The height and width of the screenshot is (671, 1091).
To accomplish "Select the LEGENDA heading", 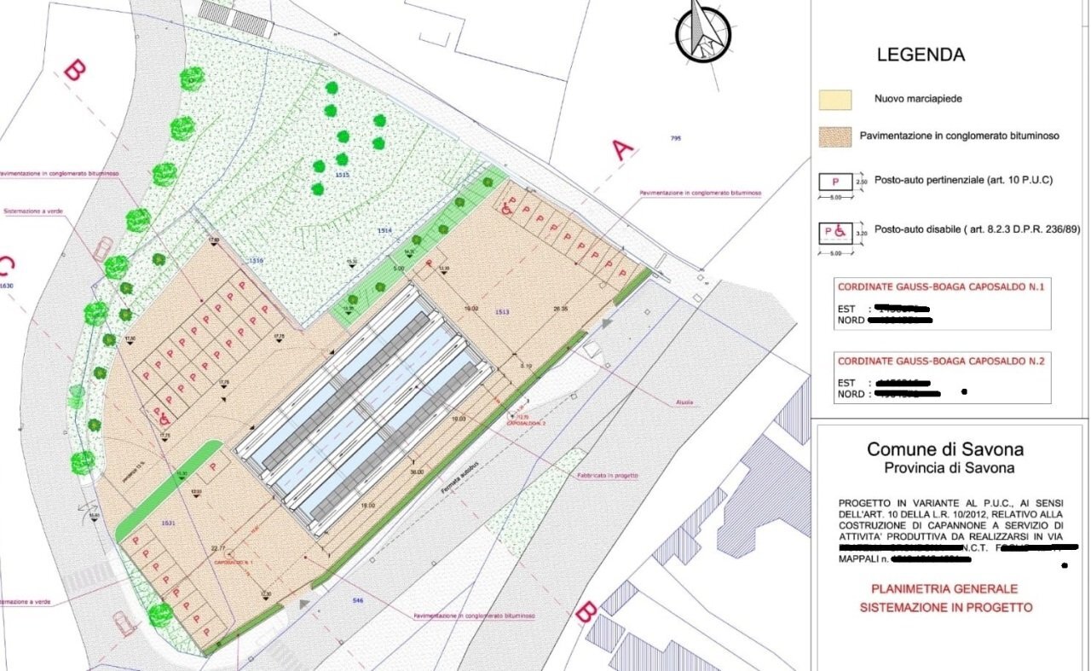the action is (921, 55).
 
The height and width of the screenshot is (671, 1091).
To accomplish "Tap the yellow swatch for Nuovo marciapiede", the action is (835, 99).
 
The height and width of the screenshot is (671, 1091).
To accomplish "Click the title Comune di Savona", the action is (945, 449).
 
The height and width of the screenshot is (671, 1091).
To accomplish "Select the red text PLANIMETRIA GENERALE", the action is (944, 589).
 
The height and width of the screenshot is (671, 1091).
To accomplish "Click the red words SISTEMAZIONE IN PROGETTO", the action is (945, 607).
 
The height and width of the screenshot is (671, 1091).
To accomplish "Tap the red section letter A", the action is (623, 151).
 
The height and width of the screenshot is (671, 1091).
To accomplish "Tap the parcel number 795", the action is (676, 138).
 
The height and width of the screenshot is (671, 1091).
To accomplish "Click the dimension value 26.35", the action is (560, 309).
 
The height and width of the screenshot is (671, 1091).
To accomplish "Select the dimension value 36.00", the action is (416, 471).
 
